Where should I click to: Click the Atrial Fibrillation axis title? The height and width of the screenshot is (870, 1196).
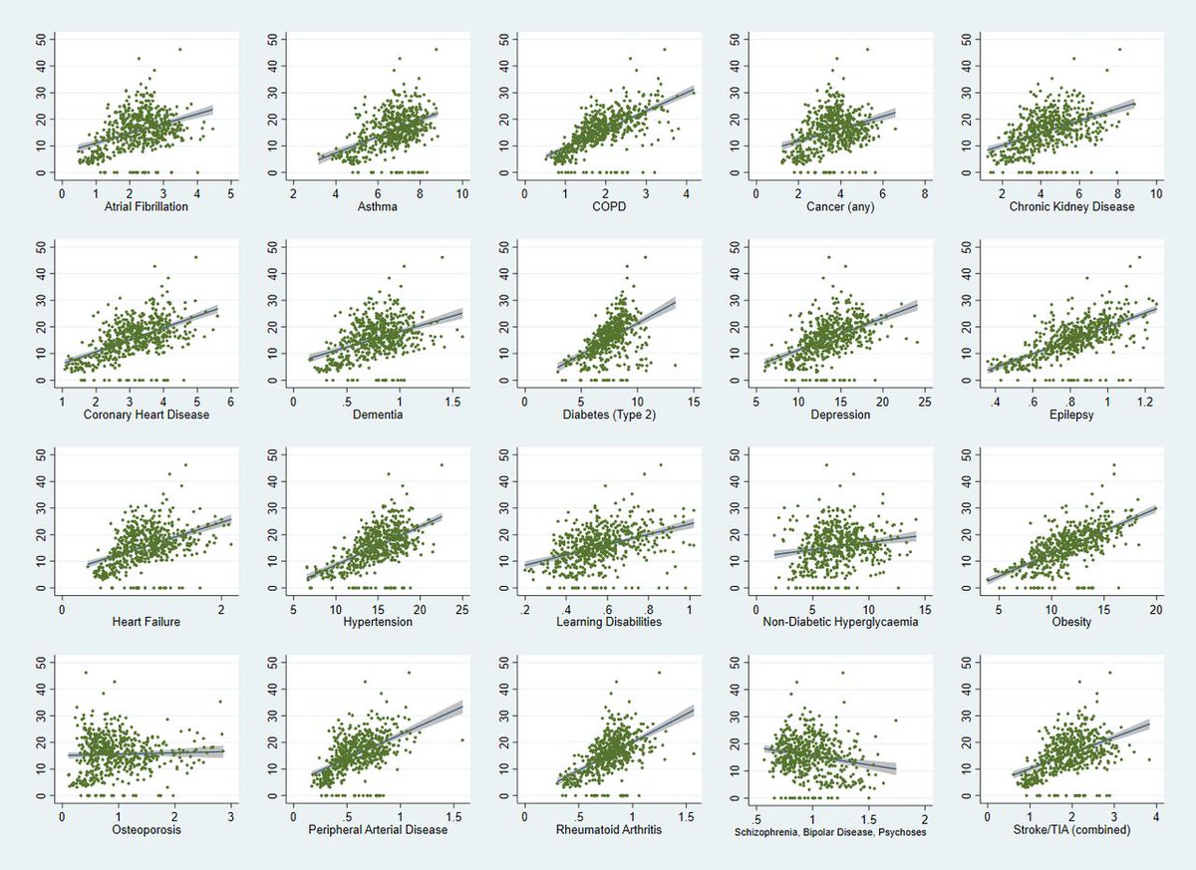coord(146,207)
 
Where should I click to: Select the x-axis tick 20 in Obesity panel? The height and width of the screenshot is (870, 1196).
coord(1156,608)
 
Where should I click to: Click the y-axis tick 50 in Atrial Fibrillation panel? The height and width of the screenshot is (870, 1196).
coord(40,39)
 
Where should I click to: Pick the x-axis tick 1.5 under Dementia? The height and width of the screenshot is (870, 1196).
coord(452,400)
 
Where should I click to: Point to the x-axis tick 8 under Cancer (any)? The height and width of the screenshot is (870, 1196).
coord(924,192)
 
